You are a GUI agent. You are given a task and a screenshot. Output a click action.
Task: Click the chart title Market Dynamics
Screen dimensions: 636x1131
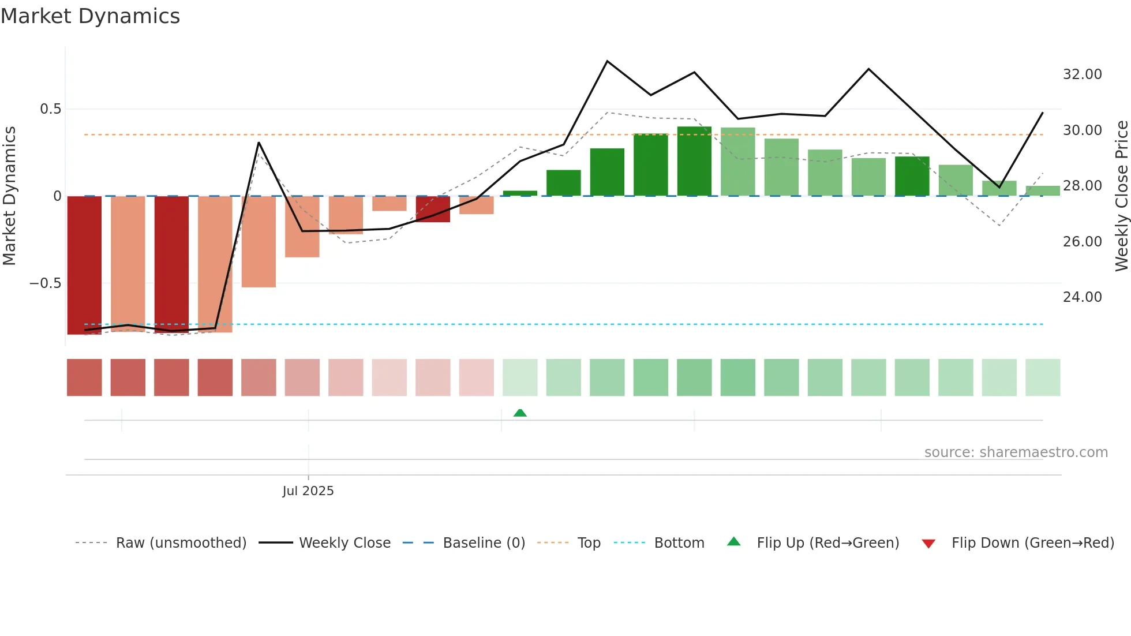[90, 16]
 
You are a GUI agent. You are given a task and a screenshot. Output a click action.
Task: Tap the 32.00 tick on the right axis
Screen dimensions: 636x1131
[1082, 74]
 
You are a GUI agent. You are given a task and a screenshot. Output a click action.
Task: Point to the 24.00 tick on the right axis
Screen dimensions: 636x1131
[1082, 297]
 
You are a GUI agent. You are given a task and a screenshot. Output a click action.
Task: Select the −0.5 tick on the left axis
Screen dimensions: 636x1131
[45, 283]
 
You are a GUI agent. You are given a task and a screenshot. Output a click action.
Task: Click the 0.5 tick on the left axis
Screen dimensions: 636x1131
[50, 109]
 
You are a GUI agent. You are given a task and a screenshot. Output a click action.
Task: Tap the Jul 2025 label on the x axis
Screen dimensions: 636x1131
[308, 491]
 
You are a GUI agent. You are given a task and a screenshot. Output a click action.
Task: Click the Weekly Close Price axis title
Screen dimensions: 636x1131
[1121, 196]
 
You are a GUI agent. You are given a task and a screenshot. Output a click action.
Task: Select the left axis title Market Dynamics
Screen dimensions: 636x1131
[9, 196]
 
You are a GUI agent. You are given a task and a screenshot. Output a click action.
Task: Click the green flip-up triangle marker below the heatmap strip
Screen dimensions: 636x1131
[520, 413]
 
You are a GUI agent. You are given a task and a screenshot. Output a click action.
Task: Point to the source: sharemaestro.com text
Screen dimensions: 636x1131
[1016, 452]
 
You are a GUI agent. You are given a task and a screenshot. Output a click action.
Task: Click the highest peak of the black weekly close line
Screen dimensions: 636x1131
[607, 61]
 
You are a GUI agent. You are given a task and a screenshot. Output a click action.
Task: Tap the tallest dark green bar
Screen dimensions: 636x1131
[694, 161]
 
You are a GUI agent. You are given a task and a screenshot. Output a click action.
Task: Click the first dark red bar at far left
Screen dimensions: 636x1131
[84, 265]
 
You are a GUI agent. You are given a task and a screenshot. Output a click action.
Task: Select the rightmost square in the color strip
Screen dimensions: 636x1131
[1043, 377]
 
